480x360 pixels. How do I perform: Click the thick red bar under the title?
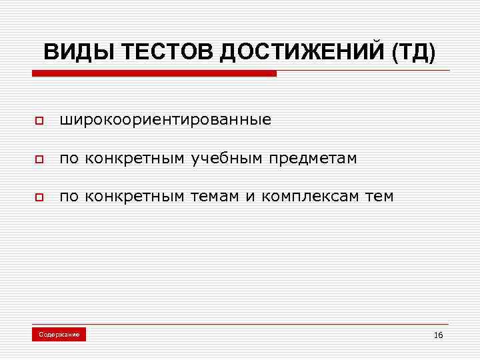coord(153,74)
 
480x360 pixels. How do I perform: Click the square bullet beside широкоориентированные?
coord(39,122)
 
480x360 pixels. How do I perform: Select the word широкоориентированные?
coord(165,121)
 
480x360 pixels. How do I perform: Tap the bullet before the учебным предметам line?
coord(39,160)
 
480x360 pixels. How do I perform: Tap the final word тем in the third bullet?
coord(379,197)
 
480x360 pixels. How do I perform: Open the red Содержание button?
coord(59,334)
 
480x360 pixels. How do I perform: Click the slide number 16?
coord(438,335)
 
